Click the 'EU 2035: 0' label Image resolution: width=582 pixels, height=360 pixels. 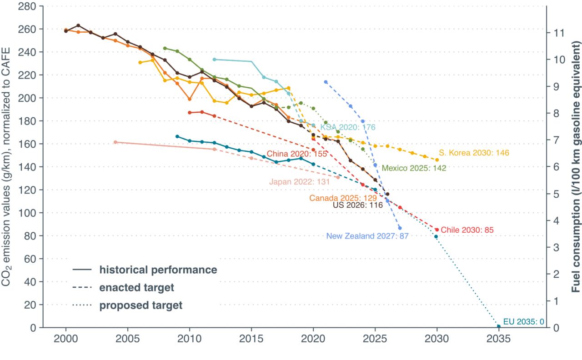[523, 322]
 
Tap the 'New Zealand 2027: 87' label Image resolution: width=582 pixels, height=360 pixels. [367, 236]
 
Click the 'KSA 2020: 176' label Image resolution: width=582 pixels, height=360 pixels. [348, 127]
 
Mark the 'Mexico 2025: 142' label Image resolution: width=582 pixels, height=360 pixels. [414, 168]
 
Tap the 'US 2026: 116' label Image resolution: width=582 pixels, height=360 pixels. [357, 205]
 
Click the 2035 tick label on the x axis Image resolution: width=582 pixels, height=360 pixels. [499, 340]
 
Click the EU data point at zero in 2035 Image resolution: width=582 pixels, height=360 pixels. [499, 326]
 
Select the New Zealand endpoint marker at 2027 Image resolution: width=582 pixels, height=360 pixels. [400, 228]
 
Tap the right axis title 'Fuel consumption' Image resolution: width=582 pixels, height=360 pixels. [576, 166]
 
